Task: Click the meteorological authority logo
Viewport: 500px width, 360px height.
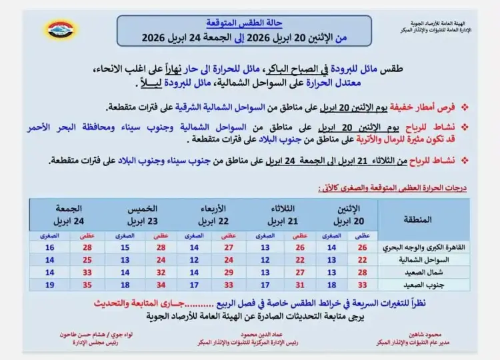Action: (x=61, y=30)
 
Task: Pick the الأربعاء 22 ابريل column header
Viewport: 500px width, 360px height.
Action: (x=214, y=214)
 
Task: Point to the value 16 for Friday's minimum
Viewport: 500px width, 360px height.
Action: (x=49, y=247)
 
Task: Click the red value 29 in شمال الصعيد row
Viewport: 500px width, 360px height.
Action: (x=228, y=272)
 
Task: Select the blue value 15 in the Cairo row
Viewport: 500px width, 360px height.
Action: (x=125, y=247)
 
